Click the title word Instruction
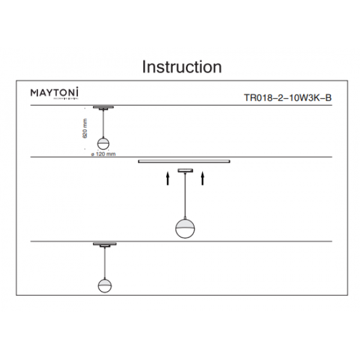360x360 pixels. (x=181, y=67)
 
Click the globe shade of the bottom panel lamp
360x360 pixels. (x=104, y=285)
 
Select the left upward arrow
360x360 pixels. (x=169, y=178)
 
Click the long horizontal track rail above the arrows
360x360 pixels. (x=184, y=161)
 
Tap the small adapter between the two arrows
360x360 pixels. (x=186, y=172)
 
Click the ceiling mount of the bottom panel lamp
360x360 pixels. (x=104, y=245)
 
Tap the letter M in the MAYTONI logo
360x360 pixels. (x=34, y=92)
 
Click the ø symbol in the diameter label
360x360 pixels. (x=91, y=154)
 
